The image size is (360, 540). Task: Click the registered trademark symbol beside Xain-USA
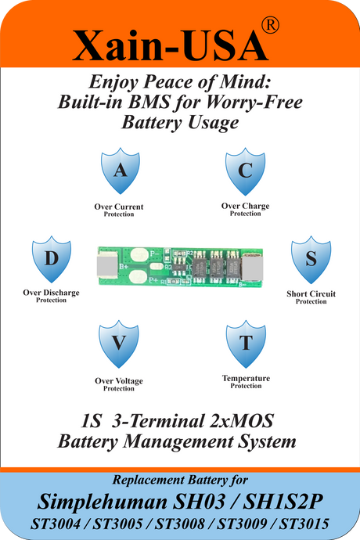(270, 25)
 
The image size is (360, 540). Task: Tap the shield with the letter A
(121, 171)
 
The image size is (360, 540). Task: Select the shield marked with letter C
(245, 171)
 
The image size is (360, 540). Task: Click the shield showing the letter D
(52, 258)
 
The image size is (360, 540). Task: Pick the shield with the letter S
(311, 259)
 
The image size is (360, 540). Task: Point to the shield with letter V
(118, 344)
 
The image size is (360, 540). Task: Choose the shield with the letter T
(246, 344)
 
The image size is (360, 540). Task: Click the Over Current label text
(119, 207)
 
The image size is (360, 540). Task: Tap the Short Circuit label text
(311, 293)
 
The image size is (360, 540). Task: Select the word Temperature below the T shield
(246, 378)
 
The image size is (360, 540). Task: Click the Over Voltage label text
(119, 381)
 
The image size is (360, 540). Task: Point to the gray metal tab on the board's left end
(107, 266)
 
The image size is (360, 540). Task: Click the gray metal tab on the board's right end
(253, 267)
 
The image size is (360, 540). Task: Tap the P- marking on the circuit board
(155, 254)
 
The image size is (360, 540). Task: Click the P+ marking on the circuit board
(153, 280)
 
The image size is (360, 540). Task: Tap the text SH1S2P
(283, 502)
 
